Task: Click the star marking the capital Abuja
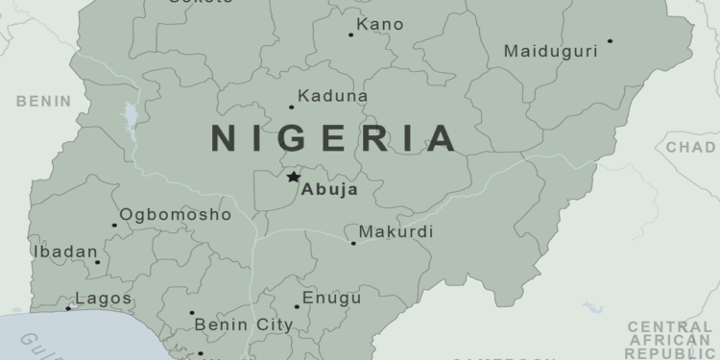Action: [x=293, y=177]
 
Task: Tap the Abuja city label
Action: [x=329, y=190]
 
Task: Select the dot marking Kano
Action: [x=350, y=35]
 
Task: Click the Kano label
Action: [x=380, y=24]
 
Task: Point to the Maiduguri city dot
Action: [x=610, y=41]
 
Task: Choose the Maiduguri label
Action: [x=551, y=51]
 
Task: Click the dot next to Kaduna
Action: [x=292, y=107]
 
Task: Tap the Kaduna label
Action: [x=333, y=96]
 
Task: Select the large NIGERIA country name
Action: [x=334, y=139]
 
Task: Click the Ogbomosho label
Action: [x=175, y=215]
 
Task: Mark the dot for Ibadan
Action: [x=97, y=261]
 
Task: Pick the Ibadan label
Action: [x=65, y=252]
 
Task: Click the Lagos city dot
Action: [x=68, y=308]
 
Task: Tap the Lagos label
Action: [x=103, y=300]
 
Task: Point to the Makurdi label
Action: [x=396, y=232]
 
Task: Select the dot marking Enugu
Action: [x=297, y=307]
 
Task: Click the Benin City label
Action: [x=244, y=325]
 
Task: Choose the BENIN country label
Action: [x=43, y=101]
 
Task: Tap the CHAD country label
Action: [x=691, y=148]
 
